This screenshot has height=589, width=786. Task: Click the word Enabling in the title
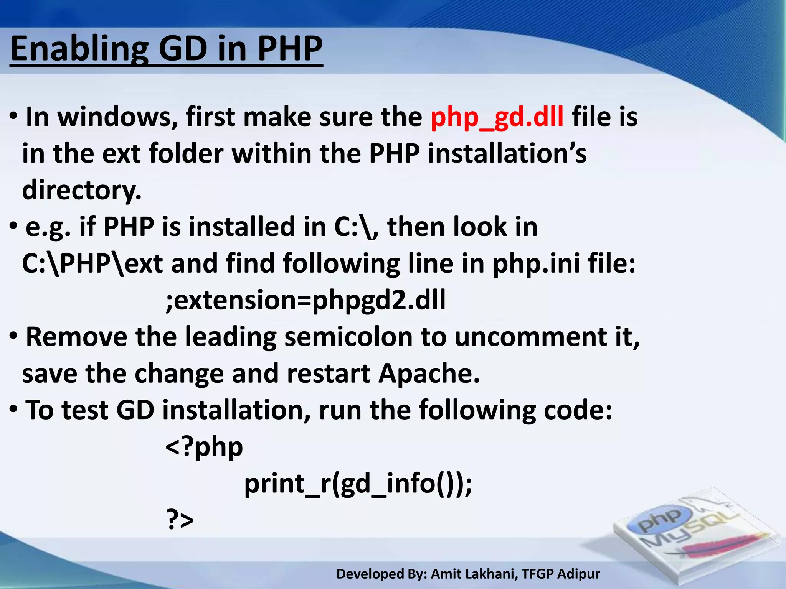point(79,49)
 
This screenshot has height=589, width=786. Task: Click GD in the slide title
point(183,49)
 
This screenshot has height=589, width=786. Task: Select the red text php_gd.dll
point(497,117)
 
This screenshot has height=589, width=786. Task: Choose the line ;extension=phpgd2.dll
point(306,300)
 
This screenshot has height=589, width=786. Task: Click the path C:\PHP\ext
point(92,264)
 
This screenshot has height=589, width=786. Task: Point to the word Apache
point(429,373)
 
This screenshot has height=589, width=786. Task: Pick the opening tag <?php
point(204,447)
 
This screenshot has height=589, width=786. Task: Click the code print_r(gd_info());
point(358,484)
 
